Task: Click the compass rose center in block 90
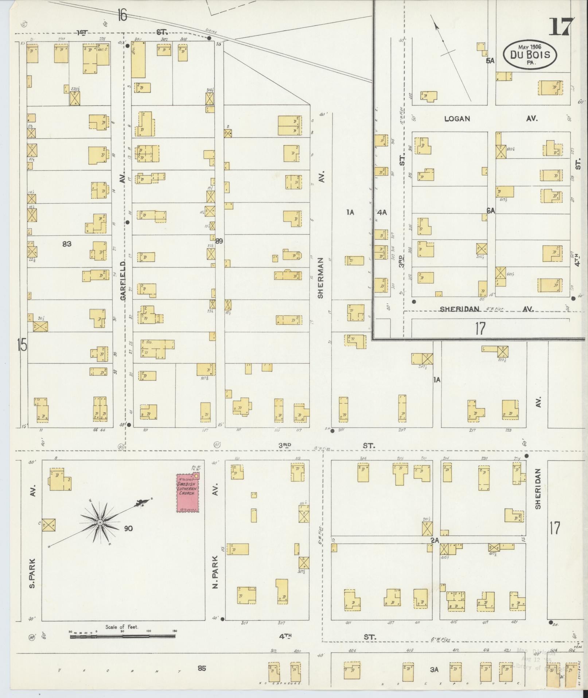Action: [100, 523]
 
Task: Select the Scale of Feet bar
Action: [122, 636]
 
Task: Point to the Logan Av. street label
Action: [457, 119]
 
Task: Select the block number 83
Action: [67, 244]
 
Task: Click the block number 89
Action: [219, 241]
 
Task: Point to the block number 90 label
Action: [128, 528]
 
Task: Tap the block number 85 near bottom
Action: [202, 668]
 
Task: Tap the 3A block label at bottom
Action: [434, 670]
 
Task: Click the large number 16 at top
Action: [122, 16]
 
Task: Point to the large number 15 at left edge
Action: [22, 344]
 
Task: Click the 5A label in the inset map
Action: [490, 61]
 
